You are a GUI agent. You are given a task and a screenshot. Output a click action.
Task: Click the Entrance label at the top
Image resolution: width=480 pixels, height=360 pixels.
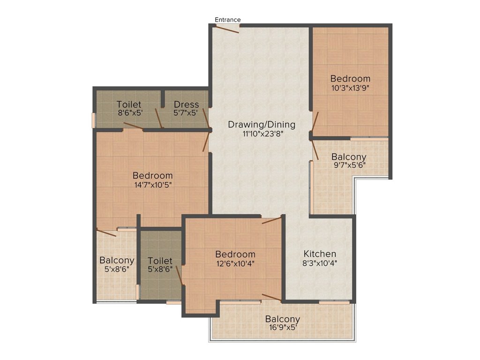click(x=227, y=20)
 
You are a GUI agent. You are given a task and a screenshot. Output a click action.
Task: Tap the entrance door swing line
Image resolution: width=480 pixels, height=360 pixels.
click(x=226, y=29)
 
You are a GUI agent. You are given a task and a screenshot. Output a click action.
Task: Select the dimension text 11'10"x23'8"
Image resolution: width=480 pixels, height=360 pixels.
click(x=262, y=134)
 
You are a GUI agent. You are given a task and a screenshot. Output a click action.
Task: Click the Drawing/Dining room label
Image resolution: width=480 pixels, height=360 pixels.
click(x=262, y=125)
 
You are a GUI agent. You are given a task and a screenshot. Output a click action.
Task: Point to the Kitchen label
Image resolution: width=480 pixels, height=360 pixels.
click(x=320, y=254)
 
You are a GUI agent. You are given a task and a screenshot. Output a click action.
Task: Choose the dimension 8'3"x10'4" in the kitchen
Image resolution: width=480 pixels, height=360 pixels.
click(x=320, y=263)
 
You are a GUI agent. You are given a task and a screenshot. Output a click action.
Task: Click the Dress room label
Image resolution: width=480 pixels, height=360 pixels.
click(x=186, y=105)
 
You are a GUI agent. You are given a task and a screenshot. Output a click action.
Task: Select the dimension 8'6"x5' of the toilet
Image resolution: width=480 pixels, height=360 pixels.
click(x=130, y=113)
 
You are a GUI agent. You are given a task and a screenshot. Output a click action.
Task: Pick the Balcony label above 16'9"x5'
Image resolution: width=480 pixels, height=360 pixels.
click(x=283, y=319)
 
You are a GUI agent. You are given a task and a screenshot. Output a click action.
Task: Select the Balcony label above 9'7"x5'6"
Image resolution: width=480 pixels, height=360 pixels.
click(x=349, y=157)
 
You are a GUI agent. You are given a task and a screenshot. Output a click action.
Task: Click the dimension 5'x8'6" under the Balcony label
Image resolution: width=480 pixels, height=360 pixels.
click(x=117, y=269)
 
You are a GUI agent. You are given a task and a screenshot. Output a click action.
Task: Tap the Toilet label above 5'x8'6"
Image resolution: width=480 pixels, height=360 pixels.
click(x=160, y=261)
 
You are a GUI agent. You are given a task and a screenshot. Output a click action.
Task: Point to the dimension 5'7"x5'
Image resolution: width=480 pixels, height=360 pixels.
click(x=186, y=113)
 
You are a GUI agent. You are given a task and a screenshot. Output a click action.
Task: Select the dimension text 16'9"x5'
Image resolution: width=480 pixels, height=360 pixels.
click(x=283, y=328)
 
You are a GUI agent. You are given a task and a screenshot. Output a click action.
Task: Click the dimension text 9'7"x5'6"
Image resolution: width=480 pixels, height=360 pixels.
click(x=349, y=165)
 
